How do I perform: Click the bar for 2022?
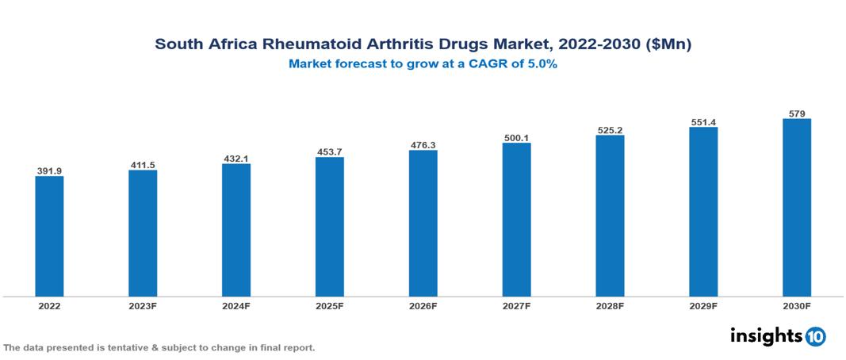tap(49, 236)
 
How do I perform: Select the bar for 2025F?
tap(329, 227)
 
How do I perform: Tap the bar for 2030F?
tap(797, 208)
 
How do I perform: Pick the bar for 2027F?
tap(516, 220)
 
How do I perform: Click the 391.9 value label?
tap(49, 170)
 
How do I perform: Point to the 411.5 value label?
tap(143, 165)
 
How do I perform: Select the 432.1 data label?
tap(236, 159)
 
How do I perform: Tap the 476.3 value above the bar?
tap(423, 145)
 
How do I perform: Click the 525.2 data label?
tap(610, 130)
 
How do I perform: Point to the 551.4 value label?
tap(703, 122)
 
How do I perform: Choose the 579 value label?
tap(797, 113)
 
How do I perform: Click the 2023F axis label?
tap(143, 305)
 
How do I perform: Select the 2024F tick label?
tap(236, 305)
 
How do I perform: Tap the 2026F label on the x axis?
tap(423, 305)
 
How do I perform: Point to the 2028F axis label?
tap(610, 305)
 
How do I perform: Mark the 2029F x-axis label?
tap(703, 305)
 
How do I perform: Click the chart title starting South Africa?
tap(423, 45)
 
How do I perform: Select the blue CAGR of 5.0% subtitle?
tap(423, 64)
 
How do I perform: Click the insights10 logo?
tap(777, 336)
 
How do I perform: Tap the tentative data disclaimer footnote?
tap(159, 348)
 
